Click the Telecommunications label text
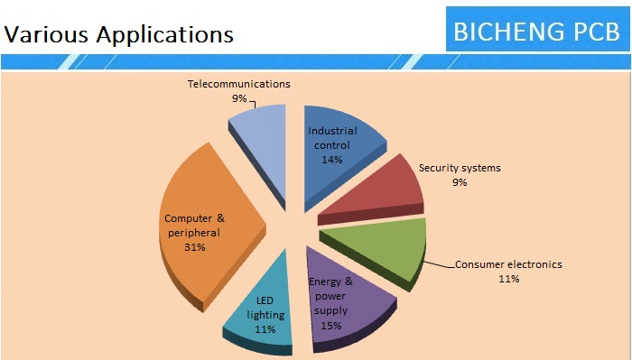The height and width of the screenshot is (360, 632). click(239, 84)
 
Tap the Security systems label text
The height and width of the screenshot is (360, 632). click(460, 168)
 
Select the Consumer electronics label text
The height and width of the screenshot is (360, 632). click(508, 264)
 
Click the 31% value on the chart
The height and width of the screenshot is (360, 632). click(195, 247)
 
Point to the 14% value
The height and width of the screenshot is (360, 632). click(331, 160)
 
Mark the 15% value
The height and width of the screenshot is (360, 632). click(331, 326)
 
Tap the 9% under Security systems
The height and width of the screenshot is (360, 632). click(460, 182)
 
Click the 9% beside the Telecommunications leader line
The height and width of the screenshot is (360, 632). click(239, 98)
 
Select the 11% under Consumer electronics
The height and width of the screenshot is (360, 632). click(508, 279)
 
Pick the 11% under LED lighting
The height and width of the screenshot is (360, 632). click(265, 329)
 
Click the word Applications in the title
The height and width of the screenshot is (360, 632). click(165, 34)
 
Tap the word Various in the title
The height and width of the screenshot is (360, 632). click(46, 33)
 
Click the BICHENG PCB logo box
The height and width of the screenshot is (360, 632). click(538, 29)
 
